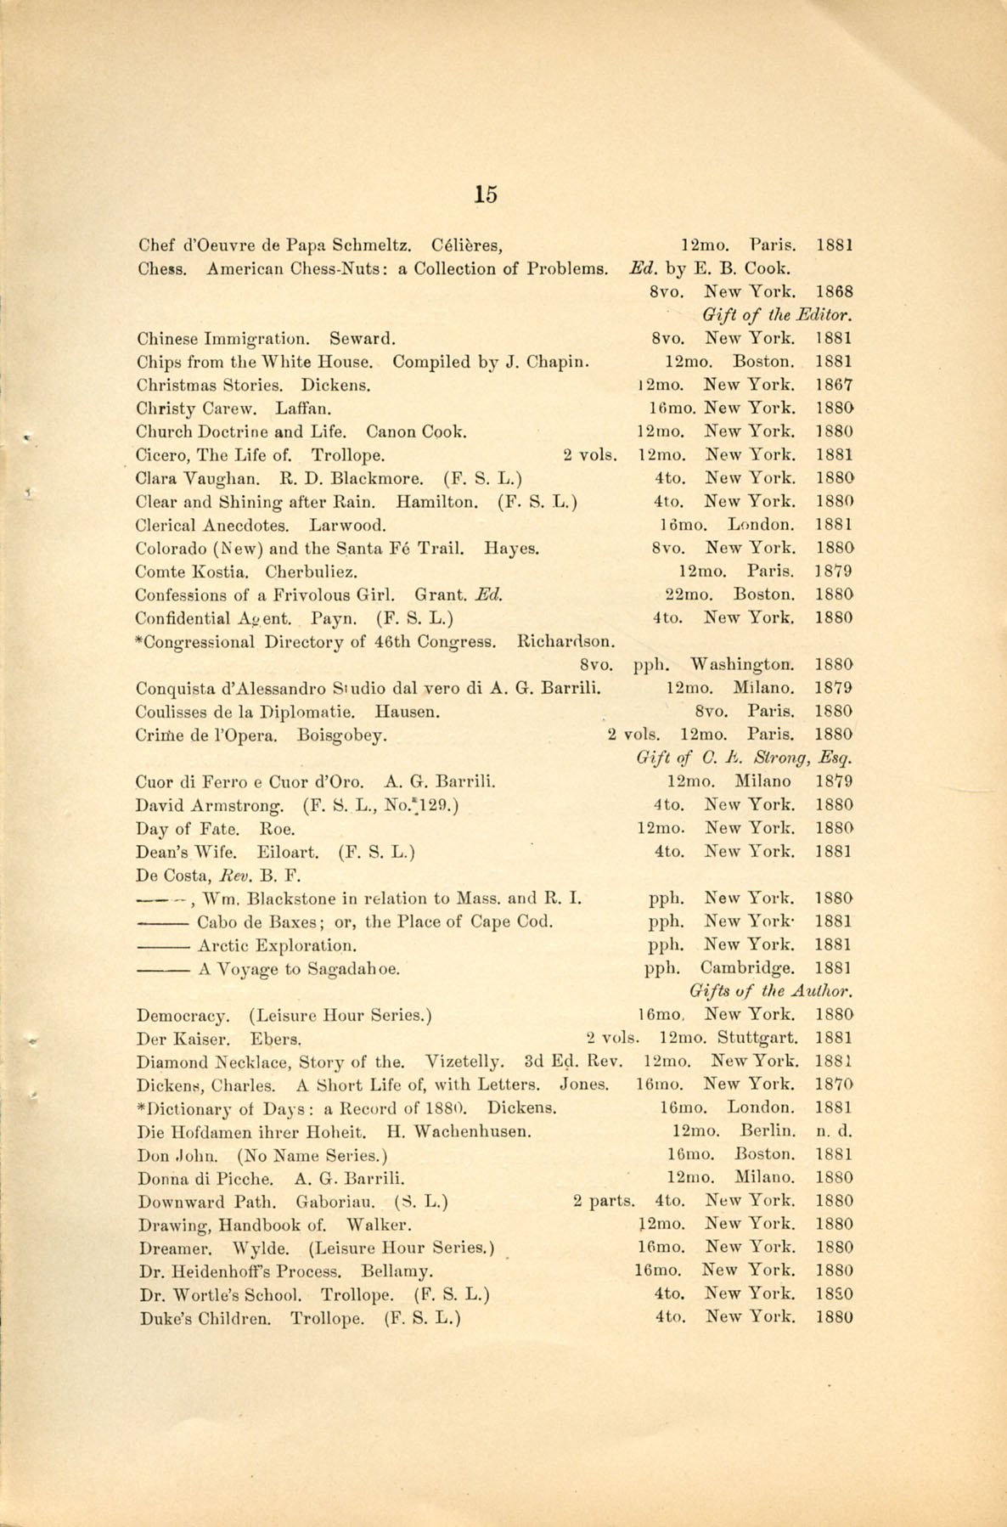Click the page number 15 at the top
click(486, 194)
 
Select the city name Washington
click(744, 663)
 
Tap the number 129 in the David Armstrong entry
click(436, 804)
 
